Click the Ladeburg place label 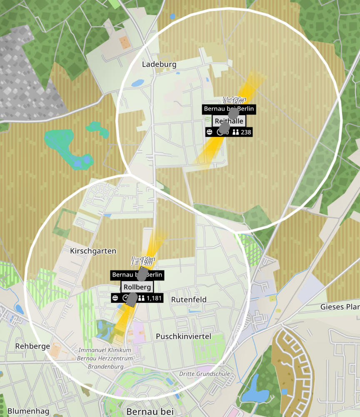(x=159, y=64)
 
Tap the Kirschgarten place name (x=93, y=251)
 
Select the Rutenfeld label (x=189, y=299)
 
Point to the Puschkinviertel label (x=183, y=336)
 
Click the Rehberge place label (x=32, y=346)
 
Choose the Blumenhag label (x=28, y=411)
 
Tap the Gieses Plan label (x=340, y=307)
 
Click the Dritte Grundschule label (x=205, y=374)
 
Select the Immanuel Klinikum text (x=105, y=350)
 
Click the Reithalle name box (x=229, y=121)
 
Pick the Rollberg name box (x=137, y=287)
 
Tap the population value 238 (x=246, y=132)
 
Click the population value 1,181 (x=154, y=298)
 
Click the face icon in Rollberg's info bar (x=115, y=298)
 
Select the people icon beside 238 (x=236, y=132)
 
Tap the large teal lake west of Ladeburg (x=67, y=146)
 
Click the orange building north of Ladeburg (x=125, y=42)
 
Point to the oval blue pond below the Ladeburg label (x=137, y=83)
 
